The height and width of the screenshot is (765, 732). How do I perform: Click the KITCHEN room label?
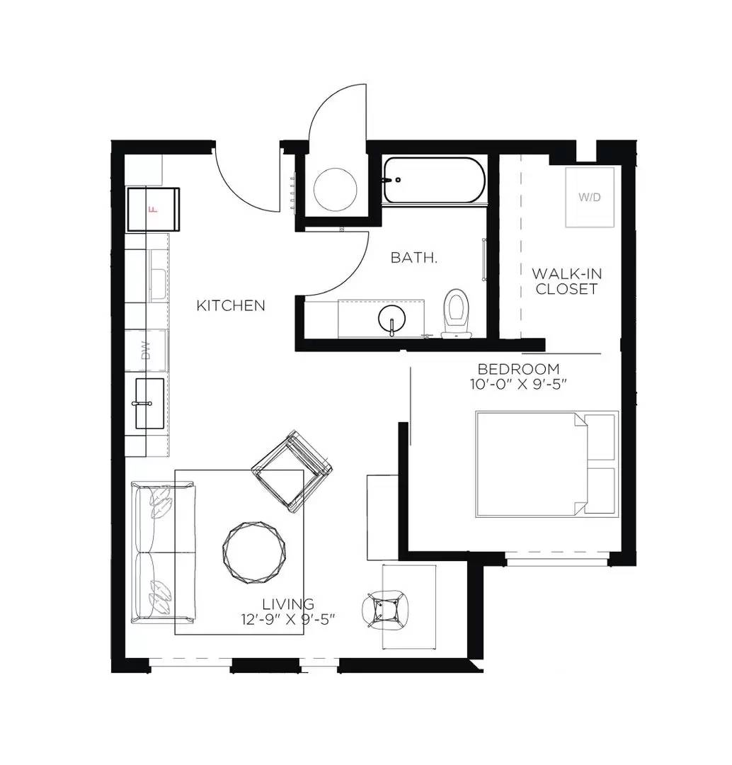(x=231, y=306)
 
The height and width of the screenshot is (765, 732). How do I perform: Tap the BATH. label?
(x=414, y=258)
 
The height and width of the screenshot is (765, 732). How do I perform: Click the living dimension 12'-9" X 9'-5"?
(x=287, y=618)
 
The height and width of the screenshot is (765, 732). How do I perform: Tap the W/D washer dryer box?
(x=589, y=197)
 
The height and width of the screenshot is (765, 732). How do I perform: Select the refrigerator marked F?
(x=153, y=209)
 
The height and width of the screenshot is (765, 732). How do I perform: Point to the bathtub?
(x=434, y=181)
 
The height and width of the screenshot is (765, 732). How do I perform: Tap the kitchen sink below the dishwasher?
(x=149, y=403)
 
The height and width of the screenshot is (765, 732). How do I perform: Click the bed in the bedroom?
(x=546, y=464)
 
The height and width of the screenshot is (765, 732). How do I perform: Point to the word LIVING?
(x=288, y=604)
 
